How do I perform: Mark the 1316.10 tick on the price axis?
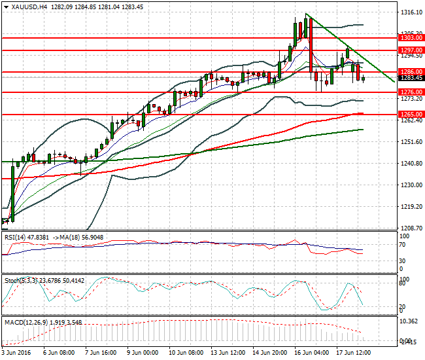(410, 12)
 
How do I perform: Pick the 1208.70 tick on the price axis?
(410, 228)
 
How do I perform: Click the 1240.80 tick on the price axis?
(410, 164)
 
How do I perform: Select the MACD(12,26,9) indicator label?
(24, 321)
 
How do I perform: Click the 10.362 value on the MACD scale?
(409, 322)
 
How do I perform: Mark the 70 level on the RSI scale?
(403, 245)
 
